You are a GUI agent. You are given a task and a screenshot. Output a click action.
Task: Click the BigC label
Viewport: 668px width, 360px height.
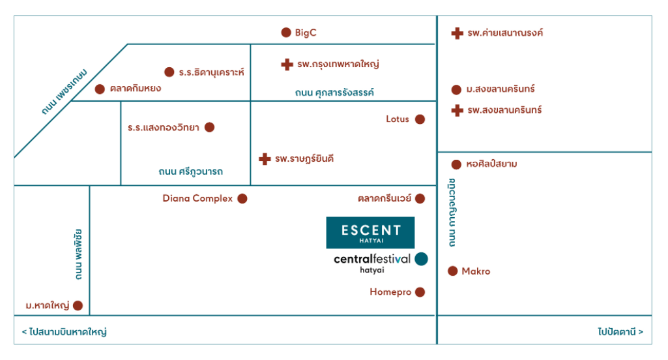click(x=306, y=33)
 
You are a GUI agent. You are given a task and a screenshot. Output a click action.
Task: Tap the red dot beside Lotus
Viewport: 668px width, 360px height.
click(x=420, y=119)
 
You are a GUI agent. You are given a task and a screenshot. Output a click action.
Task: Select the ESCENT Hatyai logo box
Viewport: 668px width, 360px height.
click(x=370, y=232)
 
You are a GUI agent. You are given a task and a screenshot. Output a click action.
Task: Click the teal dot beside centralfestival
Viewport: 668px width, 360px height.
click(x=422, y=259)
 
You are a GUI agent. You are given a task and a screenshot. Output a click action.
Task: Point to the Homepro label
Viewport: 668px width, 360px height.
click(x=390, y=292)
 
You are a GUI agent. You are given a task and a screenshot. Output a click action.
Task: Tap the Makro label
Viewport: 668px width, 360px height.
click(x=476, y=271)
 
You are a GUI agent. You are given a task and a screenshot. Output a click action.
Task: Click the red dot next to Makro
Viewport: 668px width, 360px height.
click(x=452, y=271)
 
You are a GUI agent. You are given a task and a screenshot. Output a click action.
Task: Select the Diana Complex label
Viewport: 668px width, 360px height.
click(x=197, y=198)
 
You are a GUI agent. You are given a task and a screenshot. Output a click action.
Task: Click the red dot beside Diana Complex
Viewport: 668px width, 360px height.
click(x=242, y=199)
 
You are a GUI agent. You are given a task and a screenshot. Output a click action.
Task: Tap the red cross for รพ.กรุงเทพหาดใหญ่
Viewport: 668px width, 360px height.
click(x=287, y=65)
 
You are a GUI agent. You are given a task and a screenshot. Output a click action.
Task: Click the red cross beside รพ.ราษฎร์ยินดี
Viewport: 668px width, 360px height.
click(x=265, y=159)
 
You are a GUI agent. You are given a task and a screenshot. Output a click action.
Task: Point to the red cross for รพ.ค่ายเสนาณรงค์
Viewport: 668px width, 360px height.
click(x=457, y=33)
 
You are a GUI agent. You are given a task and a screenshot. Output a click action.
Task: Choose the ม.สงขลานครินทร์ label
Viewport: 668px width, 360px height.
click(x=500, y=89)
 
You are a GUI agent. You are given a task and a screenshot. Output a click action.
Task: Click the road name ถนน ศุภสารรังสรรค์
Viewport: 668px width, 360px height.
click(x=334, y=93)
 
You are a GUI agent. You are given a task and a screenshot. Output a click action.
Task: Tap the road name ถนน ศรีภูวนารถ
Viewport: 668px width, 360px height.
click(x=190, y=172)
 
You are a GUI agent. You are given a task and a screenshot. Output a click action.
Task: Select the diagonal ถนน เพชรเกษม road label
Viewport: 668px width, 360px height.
click(x=65, y=91)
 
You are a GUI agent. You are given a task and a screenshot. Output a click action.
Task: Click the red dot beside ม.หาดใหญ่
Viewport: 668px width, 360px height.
click(x=78, y=305)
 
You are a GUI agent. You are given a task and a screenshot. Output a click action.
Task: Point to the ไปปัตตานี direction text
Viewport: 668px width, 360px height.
click(x=620, y=332)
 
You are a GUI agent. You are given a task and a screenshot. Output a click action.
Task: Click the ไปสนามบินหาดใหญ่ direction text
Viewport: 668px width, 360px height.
click(x=65, y=332)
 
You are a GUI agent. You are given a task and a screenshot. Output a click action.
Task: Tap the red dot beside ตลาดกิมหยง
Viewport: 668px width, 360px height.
click(x=100, y=89)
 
